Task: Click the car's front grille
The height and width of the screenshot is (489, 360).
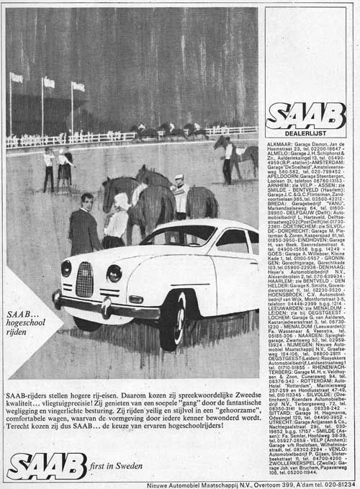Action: (84, 279)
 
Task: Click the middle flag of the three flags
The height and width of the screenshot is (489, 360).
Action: (48, 83)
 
